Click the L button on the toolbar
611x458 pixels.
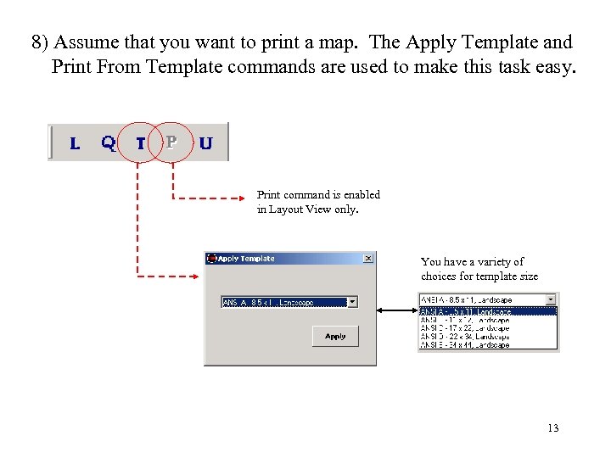[75, 143]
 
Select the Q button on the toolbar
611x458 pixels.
[108, 142]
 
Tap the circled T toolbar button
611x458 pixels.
[141, 143]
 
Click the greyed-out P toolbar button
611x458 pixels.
[171, 142]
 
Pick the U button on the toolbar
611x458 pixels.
[205, 143]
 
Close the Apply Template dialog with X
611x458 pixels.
[367, 259]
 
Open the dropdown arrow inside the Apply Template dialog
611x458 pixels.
[352, 302]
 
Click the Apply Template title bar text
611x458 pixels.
[246, 259]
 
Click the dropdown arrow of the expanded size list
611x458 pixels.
[552, 299]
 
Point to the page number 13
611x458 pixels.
[552, 428]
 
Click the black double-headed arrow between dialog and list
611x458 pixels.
[396, 310]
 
